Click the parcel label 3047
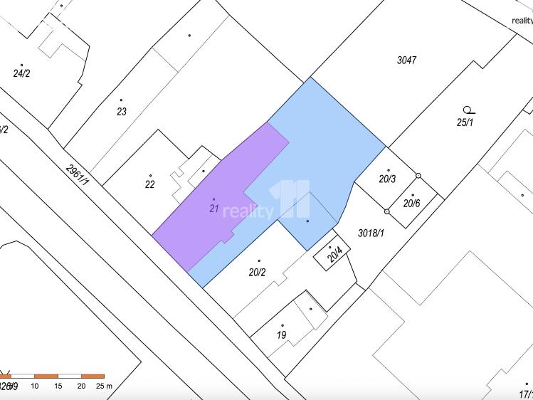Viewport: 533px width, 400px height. pyautogui.click(x=406, y=60)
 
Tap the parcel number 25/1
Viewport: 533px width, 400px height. pyautogui.click(x=465, y=122)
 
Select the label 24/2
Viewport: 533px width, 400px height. pyautogui.click(x=21, y=73)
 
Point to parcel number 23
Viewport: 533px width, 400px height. pyautogui.click(x=122, y=112)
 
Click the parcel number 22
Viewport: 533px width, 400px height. pyautogui.click(x=149, y=185)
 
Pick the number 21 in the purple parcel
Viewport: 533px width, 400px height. pyautogui.click(x=213, y=209)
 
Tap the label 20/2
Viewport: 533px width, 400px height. pyautogui.click(x=257, y=272)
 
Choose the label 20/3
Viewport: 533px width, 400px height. pyautogui.click(x=387, y=179)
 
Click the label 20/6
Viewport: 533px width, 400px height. pyautogui.click(x=412, y=204)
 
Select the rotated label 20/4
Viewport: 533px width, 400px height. pyautogui.click(x=335, y=255)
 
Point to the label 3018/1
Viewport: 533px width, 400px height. pyautogui.click(x=371, y=233)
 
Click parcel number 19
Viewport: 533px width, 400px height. pyautogui.click(x=282, y=335)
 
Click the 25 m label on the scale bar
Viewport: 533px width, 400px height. pyautogui.click(x=104, y=386)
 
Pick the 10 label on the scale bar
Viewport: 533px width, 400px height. pyautogui.click(x=35, y=386)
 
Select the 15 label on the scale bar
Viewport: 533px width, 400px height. pyautogui.click(x=58, y=386)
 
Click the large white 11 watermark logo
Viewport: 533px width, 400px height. pyautogui.click(x=293, y=200)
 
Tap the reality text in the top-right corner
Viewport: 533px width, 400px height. pyautogui.click(x=522, y=21)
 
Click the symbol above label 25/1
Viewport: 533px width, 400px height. pyautogui.click(x=468, y=110)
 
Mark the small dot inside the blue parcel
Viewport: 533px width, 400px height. pyautogui.click(x=307, y=221)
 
